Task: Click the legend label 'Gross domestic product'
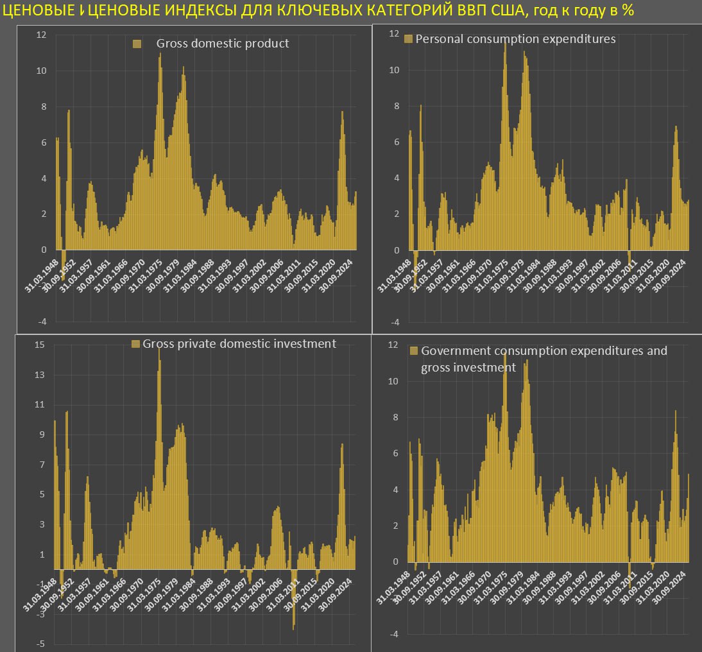[223, 44]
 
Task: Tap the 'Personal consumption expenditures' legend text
[515, 39]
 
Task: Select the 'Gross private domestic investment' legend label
[239, 344]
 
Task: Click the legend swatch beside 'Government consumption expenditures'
[413, 351]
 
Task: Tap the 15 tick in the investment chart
[40, 345]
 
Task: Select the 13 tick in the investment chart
[40, 375]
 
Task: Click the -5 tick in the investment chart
[40, 644]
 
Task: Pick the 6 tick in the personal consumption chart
[394, 142]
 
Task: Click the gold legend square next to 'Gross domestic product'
[137, 44]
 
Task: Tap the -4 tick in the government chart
[393, 634]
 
